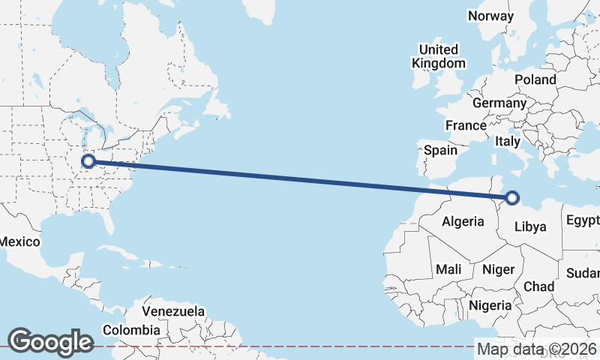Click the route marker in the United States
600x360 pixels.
[88, 160]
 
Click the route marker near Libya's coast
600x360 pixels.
[512, 198]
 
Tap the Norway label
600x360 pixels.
[490, 16]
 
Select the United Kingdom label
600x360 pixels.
[439, 56]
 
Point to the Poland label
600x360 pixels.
[535, 79]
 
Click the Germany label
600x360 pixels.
[499, 103]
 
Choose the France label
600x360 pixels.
[466, 125]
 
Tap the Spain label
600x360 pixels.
[440, 150]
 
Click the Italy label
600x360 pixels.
[508, 141]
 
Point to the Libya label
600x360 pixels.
[530, 226]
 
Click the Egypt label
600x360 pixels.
[583, 220]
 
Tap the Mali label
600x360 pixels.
[448, 268]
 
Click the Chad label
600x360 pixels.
[538, 286]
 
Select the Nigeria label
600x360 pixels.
[490, 305]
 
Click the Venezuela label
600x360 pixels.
[173, 310]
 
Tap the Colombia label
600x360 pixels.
[131, 330]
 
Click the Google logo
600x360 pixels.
[50, 342]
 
